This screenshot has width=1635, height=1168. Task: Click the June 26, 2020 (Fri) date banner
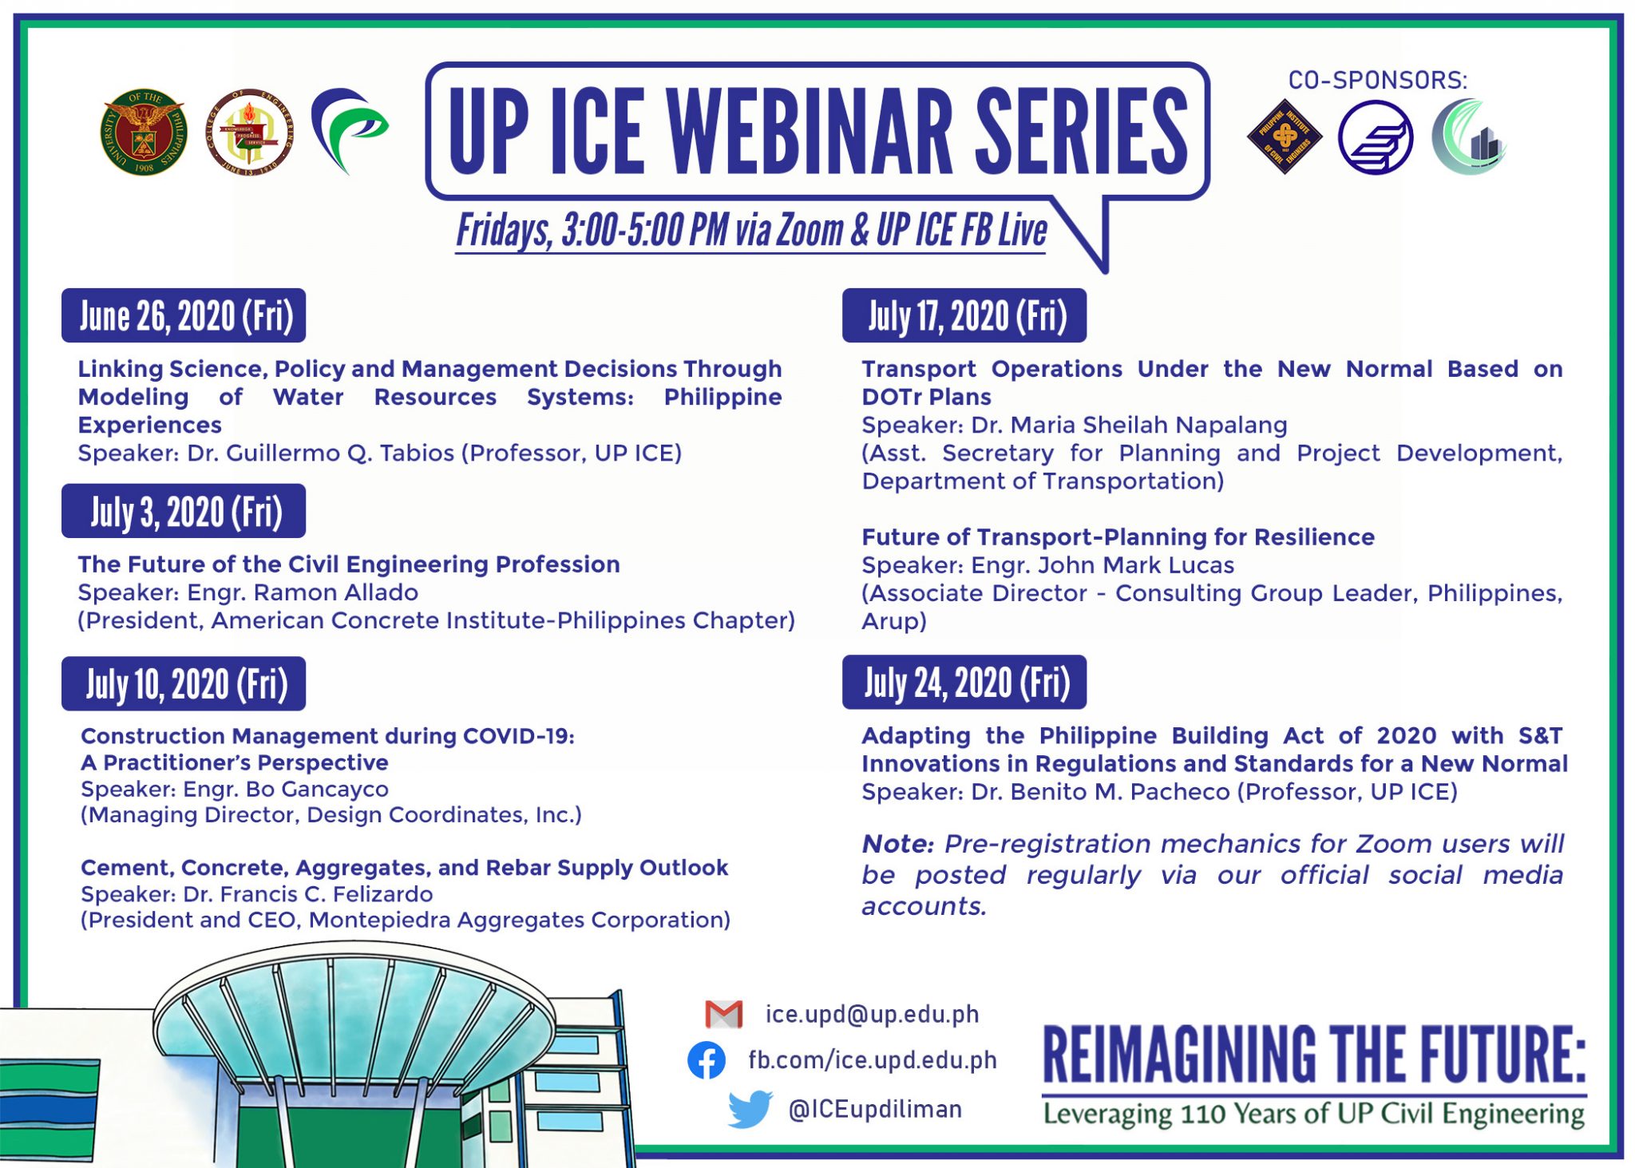[x=184, y=316]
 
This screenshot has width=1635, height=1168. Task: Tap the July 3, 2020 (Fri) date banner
[x=184, y=512]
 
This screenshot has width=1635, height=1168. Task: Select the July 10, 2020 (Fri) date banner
[x=184, y=684]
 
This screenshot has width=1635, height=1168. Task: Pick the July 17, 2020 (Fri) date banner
[x=964, y=316]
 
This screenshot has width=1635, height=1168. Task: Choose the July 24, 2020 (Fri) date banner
[x=964, y=683]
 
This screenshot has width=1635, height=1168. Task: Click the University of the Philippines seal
[x=144, y=132]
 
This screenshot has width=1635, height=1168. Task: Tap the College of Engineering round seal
[x=250, y=133]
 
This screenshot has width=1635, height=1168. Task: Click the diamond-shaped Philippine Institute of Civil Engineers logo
[x=1285, y=137]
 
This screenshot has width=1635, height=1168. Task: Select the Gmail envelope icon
[x=724, y=1014]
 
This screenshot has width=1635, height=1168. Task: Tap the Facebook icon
[x=707, y=1060]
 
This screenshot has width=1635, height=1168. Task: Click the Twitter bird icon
[x=750, y=1109]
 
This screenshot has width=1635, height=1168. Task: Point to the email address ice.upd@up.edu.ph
[x=872, y=1014]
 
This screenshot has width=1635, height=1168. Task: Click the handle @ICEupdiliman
[x=875, y=1109]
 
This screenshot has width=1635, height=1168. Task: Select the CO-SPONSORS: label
[x=1378, y=81]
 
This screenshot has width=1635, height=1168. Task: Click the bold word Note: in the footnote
[x=897, y=844]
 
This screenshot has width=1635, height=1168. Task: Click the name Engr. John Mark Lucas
[x=1103, y=565]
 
